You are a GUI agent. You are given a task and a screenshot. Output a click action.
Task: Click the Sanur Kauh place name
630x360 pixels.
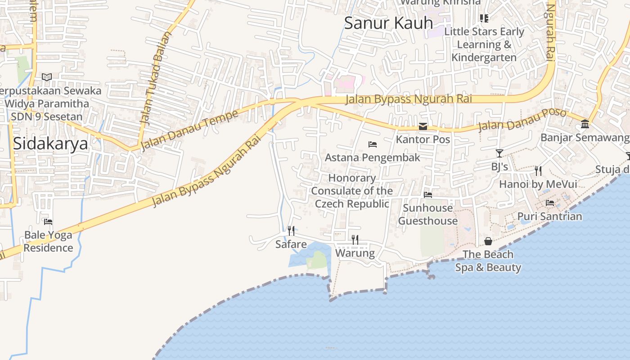click(x=388, y=23)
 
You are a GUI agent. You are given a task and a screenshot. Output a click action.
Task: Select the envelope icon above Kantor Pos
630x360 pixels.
click(x=423, y=126)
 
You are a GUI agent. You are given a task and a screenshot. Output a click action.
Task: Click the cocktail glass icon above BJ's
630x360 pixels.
click(x=499, y=153)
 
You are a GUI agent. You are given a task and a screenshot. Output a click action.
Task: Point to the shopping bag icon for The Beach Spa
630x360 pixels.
click(x=488, y=242)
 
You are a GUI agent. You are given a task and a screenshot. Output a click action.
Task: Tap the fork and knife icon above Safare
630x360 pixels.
click(x=291, y=231)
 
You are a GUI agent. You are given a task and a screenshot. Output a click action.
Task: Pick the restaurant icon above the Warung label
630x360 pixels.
click(x=355, y=239)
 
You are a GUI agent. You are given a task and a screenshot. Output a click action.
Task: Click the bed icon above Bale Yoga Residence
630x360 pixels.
click(x=48, y=221)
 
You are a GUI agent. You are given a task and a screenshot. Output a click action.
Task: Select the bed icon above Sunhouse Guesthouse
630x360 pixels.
click(x=428, y=195)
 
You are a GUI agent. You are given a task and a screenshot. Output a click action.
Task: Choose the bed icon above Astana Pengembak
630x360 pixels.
click(x=373, y=144)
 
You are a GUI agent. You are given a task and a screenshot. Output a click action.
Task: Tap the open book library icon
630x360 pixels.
click(x=47, y=77)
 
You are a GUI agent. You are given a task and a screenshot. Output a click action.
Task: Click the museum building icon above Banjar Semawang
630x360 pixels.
click(x=585, y=124)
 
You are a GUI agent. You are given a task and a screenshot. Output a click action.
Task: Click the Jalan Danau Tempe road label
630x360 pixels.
click(x=189, y=130)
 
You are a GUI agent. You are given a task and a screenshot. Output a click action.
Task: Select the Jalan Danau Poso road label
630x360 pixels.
click(x=522, y=119)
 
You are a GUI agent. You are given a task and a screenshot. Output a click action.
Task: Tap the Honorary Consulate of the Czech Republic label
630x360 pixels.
click(x=352, y=191)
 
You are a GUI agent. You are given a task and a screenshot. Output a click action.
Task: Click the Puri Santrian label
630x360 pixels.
click(x=549, y=216)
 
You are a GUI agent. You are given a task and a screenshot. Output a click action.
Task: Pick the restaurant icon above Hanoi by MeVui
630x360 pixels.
click(x=538, y=171)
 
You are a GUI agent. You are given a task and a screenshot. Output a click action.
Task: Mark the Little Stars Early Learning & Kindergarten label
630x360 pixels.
click(x=484, y=45)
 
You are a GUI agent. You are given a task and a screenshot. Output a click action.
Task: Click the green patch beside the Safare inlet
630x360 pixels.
click(x=319, y=260)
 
